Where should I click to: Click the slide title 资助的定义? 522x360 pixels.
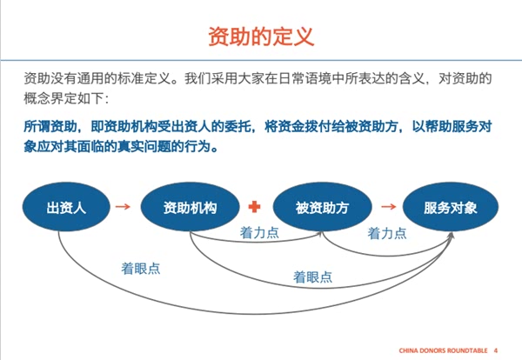click(x=260, y=36)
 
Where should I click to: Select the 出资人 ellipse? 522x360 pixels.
click(x=66, y=208)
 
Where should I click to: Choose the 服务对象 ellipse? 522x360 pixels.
click(x=450, y=208)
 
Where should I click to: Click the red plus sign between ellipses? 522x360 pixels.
click(x=255, y=208)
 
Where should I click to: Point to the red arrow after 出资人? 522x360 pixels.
click(x=124, y=208)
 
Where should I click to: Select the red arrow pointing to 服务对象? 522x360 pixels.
click(x=387, y=208)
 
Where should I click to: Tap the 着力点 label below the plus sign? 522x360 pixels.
click(x=259, y=233)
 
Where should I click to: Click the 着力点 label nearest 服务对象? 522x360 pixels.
click(x=387, y=233)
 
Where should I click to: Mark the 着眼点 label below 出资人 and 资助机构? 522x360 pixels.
click(x=141, y=268)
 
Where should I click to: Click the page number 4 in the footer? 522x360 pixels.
click(x=496, y=350)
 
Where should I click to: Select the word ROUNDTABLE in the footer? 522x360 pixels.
click(x=466, y=350)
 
